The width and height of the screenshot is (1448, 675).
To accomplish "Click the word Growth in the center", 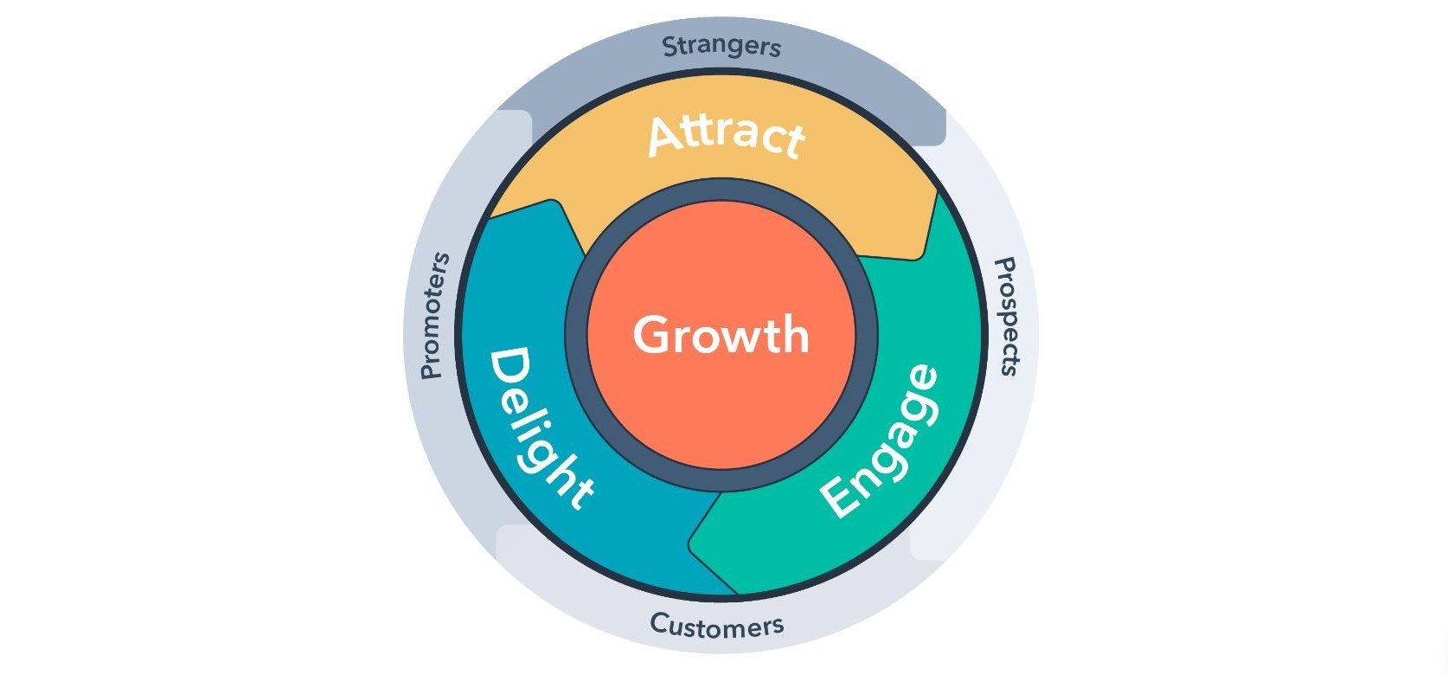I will click(721, 335).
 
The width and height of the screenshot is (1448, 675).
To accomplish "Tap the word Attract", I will click(727, 137).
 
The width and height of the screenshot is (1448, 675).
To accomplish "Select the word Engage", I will click(879, 441).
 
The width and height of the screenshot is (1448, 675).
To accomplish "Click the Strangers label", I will click(721, 46).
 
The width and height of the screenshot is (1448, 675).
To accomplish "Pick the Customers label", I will click(717, 624).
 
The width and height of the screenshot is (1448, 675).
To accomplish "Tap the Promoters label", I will click(434, 316).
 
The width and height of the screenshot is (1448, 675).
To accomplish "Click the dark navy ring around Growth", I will click(721, 192).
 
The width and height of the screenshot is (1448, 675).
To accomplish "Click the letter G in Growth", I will click(653, 335).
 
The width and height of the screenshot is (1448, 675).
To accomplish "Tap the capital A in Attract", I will click(665, 137).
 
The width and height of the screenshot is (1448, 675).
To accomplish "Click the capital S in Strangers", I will click(670, 47).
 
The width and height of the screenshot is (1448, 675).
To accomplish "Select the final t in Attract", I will click(791, 140).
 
